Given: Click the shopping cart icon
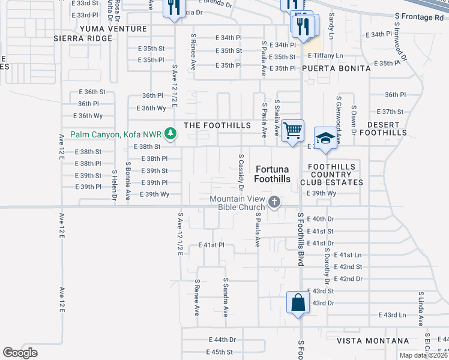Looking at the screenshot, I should coord(293,130).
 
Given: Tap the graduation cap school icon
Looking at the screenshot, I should coord(325,137).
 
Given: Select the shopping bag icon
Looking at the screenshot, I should coord(298,302).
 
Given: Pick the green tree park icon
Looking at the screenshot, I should coord(171,133).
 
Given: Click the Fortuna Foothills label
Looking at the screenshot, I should coord(273,174).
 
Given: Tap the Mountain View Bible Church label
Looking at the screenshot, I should coord(237,203).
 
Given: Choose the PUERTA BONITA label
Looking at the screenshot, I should coord(336,68).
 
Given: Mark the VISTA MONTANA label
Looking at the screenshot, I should coord(373,341).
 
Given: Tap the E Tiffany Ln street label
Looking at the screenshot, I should coord(325,55).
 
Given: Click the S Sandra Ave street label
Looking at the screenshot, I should coord(226,297).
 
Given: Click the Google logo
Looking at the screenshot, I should coord(20,353).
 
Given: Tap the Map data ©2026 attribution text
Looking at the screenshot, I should coord(423,355).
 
